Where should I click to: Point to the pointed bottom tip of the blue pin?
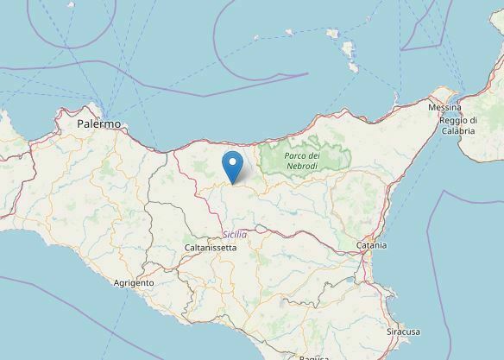(232, 181)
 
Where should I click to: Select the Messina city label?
(445, 107)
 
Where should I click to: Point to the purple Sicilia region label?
(234, 234)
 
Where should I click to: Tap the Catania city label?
(371, 246)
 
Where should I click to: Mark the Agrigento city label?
(134, 282)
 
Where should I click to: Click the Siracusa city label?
(402, 331)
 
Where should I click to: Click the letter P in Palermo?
(79, 124)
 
